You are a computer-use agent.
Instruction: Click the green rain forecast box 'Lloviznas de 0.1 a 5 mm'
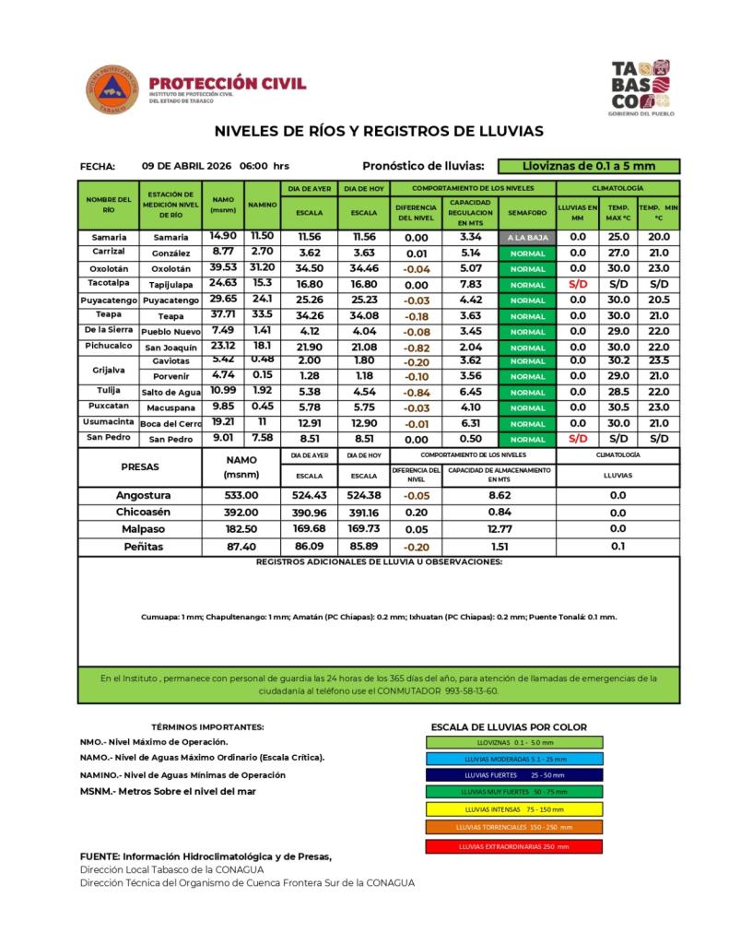(588, 166)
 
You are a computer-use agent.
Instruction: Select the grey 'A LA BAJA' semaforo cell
(527, 237)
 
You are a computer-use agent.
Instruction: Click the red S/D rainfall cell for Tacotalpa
(578, 284)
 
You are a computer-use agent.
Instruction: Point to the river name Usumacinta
(110, 421)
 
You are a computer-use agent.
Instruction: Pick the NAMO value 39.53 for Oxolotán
(223, 267)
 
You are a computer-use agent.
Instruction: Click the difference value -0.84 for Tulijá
(417, 392)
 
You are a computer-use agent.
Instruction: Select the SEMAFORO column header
(527, 212)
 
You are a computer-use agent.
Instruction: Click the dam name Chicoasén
(140, 513)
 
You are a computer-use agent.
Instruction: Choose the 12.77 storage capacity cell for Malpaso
(499, 529)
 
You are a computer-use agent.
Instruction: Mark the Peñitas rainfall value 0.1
(617, 546)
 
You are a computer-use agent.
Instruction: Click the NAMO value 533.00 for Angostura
(241, 496)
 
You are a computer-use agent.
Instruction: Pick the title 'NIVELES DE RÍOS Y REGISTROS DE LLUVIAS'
(379, 131)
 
